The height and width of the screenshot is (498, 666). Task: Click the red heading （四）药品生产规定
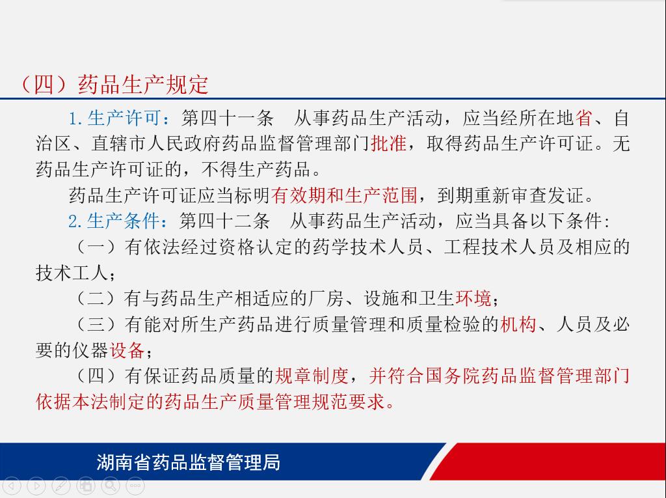click(x=114, y=84)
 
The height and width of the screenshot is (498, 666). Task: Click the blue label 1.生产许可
click(x=114, y=118)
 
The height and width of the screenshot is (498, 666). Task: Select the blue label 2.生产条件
click(x=113, y=221)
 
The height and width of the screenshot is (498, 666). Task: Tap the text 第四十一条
click(x=227, y=118)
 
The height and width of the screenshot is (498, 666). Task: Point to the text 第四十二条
click(x=224, y=221)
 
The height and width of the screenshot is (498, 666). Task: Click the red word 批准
click(x=389, y=143)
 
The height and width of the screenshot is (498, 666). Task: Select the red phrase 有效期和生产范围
click(x=345, y=195)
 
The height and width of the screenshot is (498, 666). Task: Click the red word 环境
click(x=473, y=298)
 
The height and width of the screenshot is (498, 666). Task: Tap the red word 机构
click(x=518, y=324)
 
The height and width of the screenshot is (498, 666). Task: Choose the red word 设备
click(x=127, y=350)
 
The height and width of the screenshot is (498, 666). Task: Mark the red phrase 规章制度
click(x=312, y=376)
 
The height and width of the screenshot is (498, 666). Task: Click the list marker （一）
click(x=96, y=247)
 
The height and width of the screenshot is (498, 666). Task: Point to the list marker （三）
click(x=96, y=324)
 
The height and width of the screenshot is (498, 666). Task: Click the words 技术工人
click(x=72, y=273)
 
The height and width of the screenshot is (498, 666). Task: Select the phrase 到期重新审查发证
click(x=511, y=195)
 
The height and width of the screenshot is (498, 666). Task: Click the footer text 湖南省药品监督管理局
click(x=188, y=462)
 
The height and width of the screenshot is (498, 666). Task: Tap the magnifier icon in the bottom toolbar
click(x=111, y=485)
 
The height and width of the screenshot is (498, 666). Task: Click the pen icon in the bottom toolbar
click(x=60, y=485)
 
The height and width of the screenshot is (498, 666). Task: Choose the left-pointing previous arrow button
click(x=12, y=485)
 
